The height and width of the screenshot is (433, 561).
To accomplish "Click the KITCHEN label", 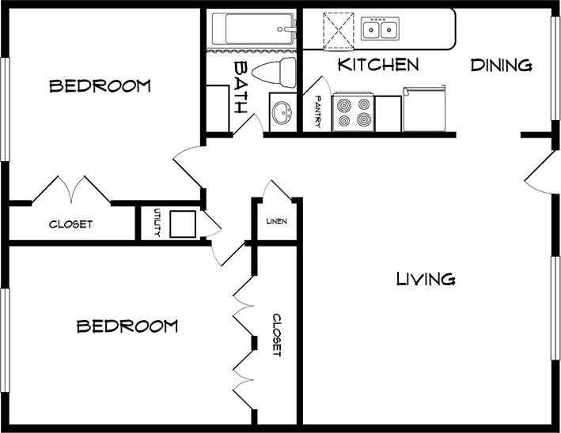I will click(377, 64).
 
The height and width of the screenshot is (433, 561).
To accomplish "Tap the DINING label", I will click(501, 65).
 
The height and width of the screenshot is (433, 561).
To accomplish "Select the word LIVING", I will click(425, 279).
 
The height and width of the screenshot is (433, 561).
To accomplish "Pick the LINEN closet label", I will click(276, 221).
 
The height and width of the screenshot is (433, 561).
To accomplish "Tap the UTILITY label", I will click(157, 223).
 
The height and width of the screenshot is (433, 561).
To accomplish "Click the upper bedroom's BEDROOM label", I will click(100, 86).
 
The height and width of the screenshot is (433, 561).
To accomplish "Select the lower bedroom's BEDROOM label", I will click(127, 326).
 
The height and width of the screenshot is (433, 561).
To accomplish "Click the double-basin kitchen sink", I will click(380, 30).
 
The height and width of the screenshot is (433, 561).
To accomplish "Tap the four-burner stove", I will click(353, 112).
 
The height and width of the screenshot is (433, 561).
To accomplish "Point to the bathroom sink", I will click(281, 112).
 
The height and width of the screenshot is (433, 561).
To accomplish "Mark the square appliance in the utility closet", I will click(183, 224).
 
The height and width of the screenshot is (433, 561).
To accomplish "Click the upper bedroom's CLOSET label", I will click(70, 224).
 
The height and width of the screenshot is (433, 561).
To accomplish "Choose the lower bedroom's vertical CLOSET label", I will click(277, 335).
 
